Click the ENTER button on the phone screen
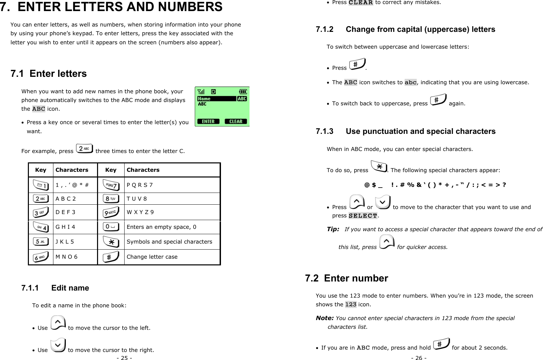coord(208,121)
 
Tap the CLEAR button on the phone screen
coord(236,121)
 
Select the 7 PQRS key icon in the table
coord(111,185)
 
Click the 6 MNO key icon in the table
coord(41,257)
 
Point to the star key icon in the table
coord(111,242)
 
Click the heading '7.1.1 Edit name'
coord(55,288)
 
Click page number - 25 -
coord(124,358)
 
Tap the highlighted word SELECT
coord(363,216)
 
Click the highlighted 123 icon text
coord(351,305)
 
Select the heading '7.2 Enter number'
coord(346,278)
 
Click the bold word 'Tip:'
coord(333,229)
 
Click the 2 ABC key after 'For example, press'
coord(84,148)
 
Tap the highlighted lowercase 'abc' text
coord(410,83)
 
